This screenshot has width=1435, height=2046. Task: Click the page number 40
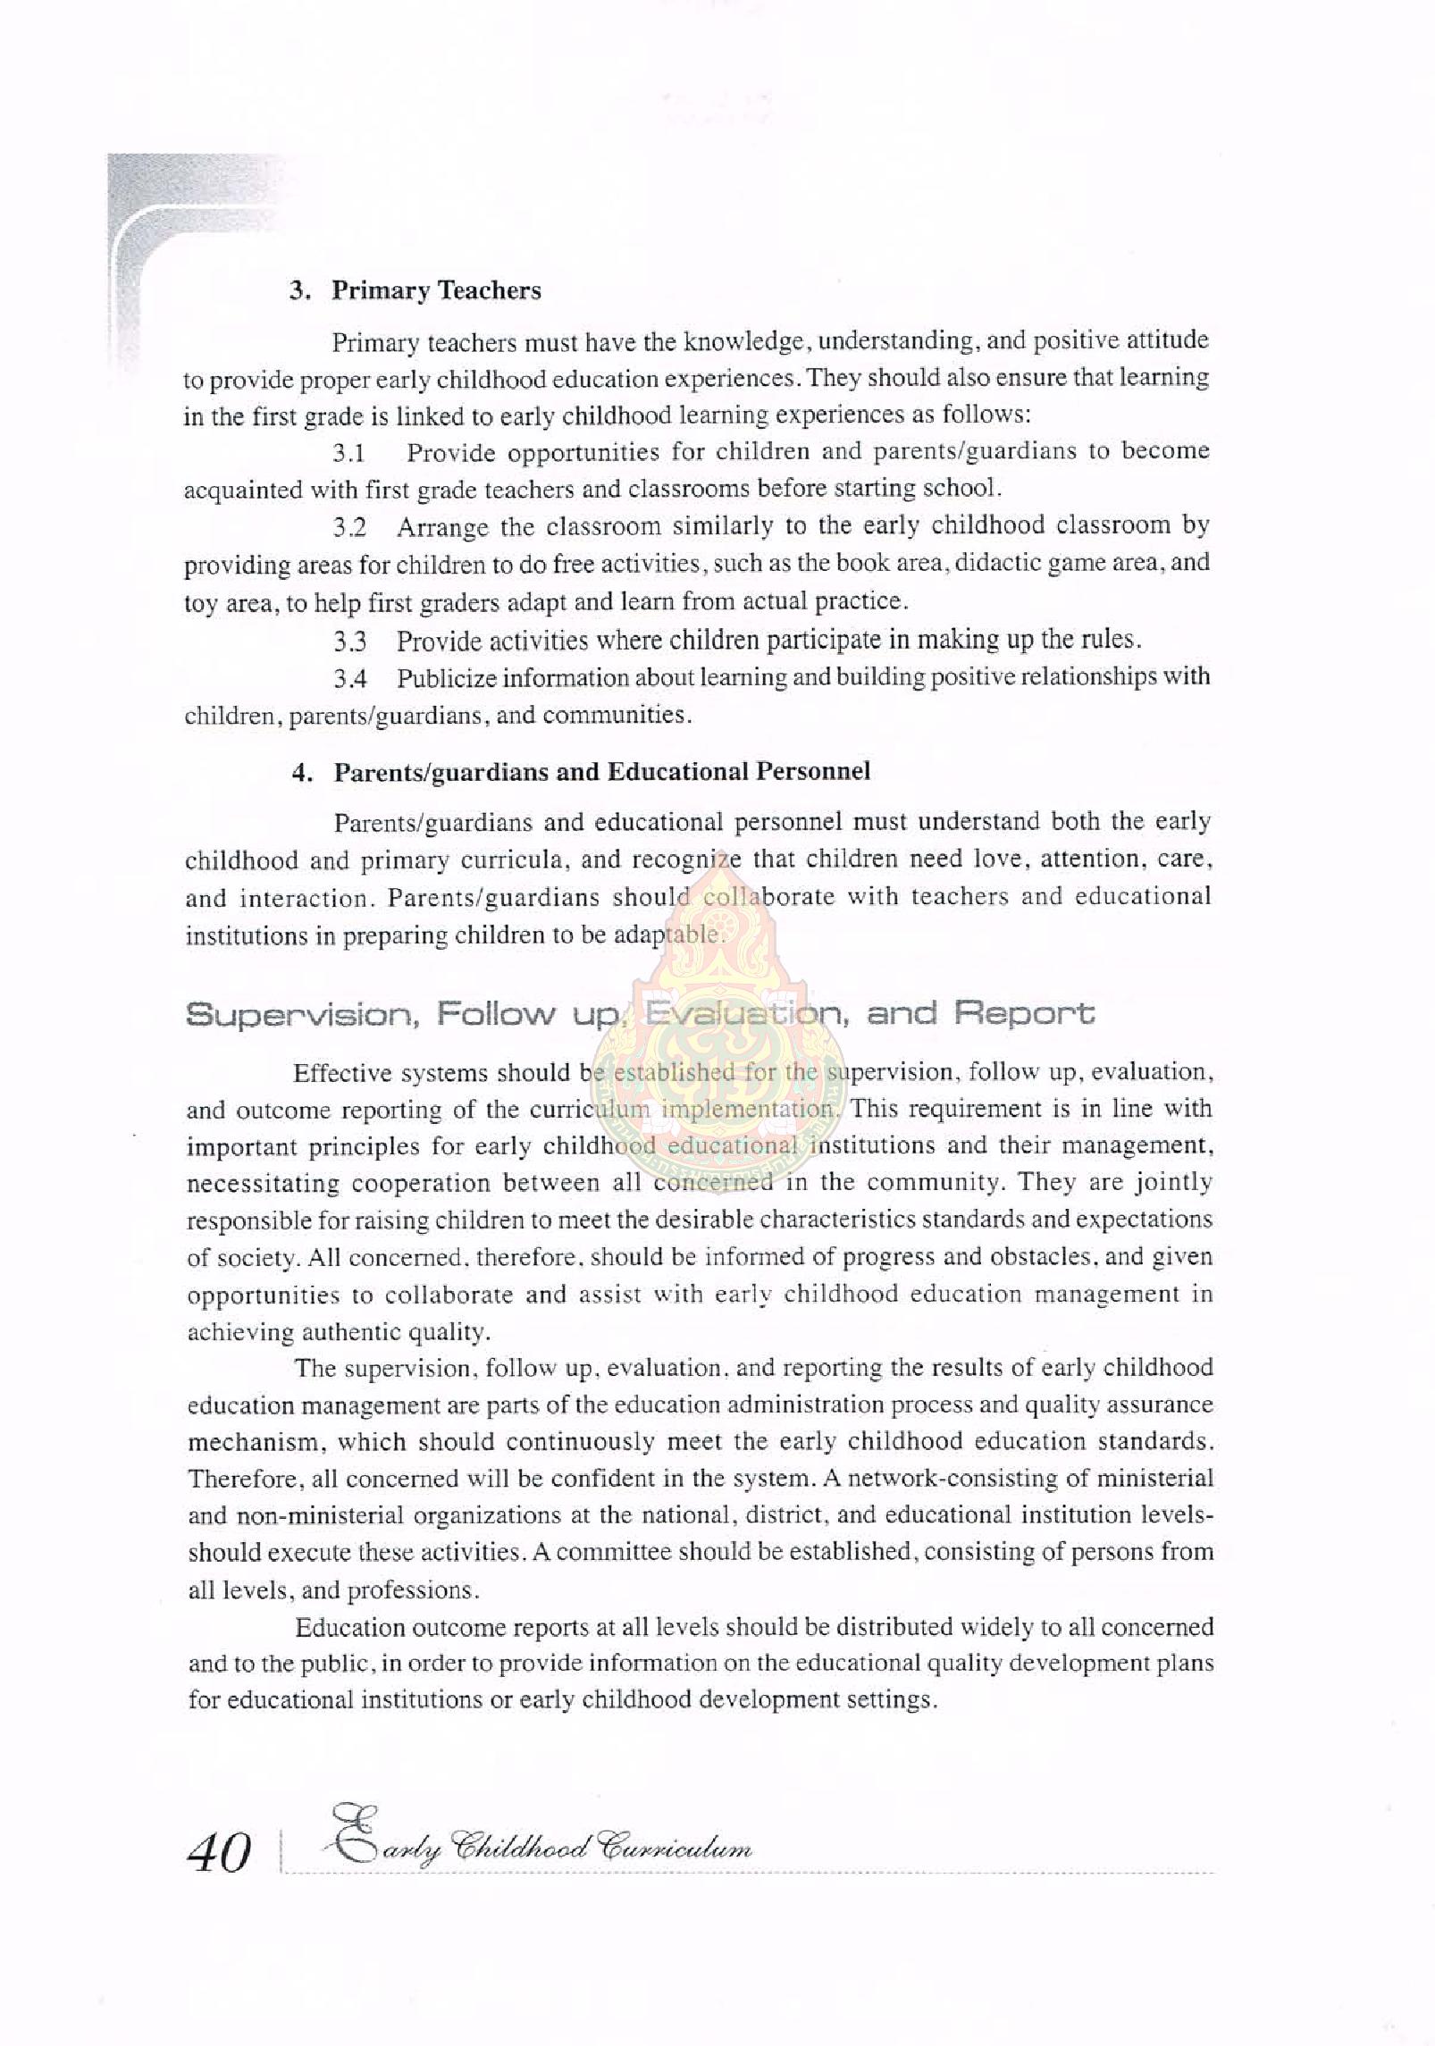coord(219,1853)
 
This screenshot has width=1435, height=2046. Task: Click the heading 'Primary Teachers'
coord(436,290)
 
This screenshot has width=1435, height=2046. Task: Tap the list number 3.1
coord(349,453)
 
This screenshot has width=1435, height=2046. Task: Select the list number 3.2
coord(350,528)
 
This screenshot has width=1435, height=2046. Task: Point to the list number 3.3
coord(350,641)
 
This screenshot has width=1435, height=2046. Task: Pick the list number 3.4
coord(350,679)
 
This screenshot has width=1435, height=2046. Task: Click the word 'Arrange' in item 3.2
coord(442,528)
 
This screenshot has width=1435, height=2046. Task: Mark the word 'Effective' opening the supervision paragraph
coord(345,1073)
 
